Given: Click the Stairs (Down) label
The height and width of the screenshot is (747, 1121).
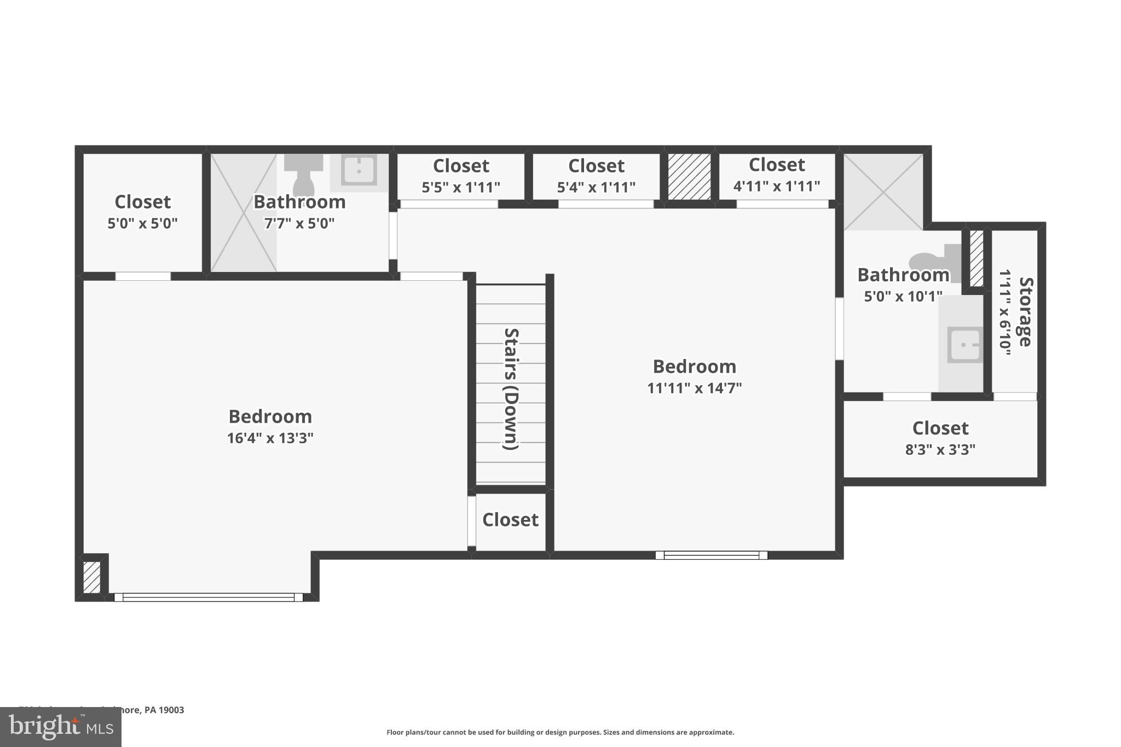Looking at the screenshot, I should (x=511, y=389).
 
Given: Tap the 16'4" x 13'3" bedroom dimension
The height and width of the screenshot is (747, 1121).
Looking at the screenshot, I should (x=270, y=438).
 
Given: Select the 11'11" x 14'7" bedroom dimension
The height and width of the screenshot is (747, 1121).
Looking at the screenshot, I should (x=694, y=388).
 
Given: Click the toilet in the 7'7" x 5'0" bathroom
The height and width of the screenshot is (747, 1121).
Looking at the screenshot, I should (x=303, y=175).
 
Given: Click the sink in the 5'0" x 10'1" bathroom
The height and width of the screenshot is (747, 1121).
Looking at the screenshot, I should (x=965, y=345).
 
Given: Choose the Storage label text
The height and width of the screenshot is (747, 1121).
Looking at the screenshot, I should (x=1025, y=312).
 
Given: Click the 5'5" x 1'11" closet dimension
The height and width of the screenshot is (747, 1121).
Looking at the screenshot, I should (x=460, y=188).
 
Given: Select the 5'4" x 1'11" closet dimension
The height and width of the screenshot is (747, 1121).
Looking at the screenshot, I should (x=596, y=188).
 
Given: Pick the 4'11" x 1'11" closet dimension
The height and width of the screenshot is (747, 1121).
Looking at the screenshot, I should (x=776, y=187).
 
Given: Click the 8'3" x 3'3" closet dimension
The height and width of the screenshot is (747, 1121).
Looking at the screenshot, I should (x=940, y=450).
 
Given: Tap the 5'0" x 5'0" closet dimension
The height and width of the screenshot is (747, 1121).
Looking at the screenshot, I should (x=142, y=223).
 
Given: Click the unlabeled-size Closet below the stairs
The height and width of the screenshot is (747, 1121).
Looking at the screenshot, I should (x=510, y=520).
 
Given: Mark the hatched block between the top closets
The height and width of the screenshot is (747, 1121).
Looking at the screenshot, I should (x=689, y=176).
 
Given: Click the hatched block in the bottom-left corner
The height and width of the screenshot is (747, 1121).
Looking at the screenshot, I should (x=91, y=577).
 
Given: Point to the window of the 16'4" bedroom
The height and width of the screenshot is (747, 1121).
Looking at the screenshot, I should (x=208, y=598).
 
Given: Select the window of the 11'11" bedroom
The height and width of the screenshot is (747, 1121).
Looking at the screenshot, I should (x=711, y=555).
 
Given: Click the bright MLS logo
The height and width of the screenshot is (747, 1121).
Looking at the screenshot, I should (x=60, y=727).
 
